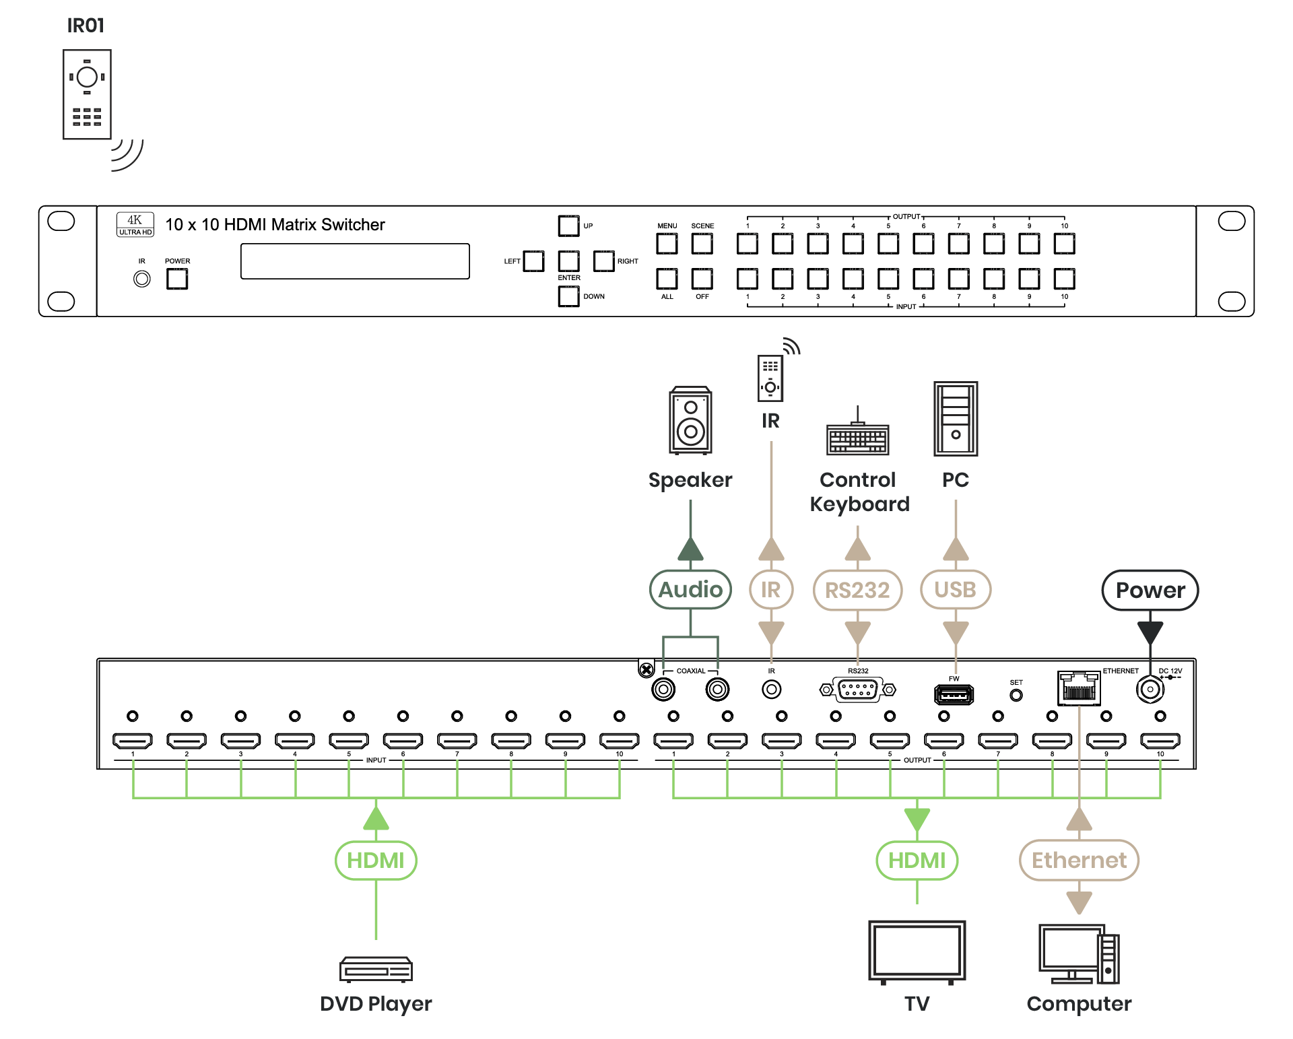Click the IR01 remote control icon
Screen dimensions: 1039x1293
[87, 94]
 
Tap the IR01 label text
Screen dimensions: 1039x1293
[86, 26]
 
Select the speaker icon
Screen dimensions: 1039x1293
[690, 420]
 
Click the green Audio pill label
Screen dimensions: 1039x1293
[690, 590]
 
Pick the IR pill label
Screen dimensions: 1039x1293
[771, 590]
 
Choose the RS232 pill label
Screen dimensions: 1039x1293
[857, 591]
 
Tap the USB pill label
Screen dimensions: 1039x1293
[956, 590]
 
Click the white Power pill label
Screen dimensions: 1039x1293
[1150, 591]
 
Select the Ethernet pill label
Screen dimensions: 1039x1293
[1079, 860]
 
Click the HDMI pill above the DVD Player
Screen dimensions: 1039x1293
[376, 860]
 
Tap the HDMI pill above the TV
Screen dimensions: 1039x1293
[917, 860]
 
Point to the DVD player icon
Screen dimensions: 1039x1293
[376, 969]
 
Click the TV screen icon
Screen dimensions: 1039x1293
[917, 951]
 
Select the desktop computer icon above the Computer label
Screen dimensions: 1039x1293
[1079, 954]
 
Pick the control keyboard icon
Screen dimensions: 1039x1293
[857, 438]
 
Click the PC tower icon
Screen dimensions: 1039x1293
[956, 419]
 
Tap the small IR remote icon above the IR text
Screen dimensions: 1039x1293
[770, 378]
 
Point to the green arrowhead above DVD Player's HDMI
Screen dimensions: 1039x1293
[376, 818]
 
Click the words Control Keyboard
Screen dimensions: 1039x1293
[859, 492]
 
